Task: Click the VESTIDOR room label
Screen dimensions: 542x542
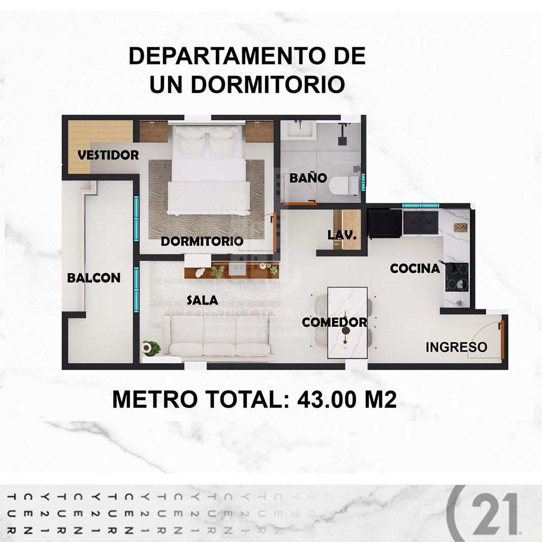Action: [108, 155]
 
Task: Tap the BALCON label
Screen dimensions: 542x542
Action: [93, 278]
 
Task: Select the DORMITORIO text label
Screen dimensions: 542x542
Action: [202, 241]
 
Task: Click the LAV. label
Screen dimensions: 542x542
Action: [342, 236]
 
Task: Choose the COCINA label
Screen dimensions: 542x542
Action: [415, 269]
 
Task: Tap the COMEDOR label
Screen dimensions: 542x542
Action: [334, 322]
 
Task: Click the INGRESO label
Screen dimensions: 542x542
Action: [456, 347]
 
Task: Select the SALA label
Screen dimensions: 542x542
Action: [202, 300]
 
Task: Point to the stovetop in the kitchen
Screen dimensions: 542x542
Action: [457, 277]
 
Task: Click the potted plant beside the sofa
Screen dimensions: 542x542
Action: [151, 348]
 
